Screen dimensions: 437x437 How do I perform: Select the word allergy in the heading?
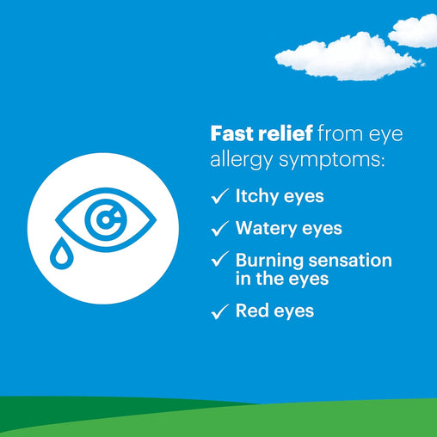coord(243,161)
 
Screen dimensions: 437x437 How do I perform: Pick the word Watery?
coord(263,228)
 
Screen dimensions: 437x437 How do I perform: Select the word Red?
coord(250,311)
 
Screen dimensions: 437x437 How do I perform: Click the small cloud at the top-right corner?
coord(415,31)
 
